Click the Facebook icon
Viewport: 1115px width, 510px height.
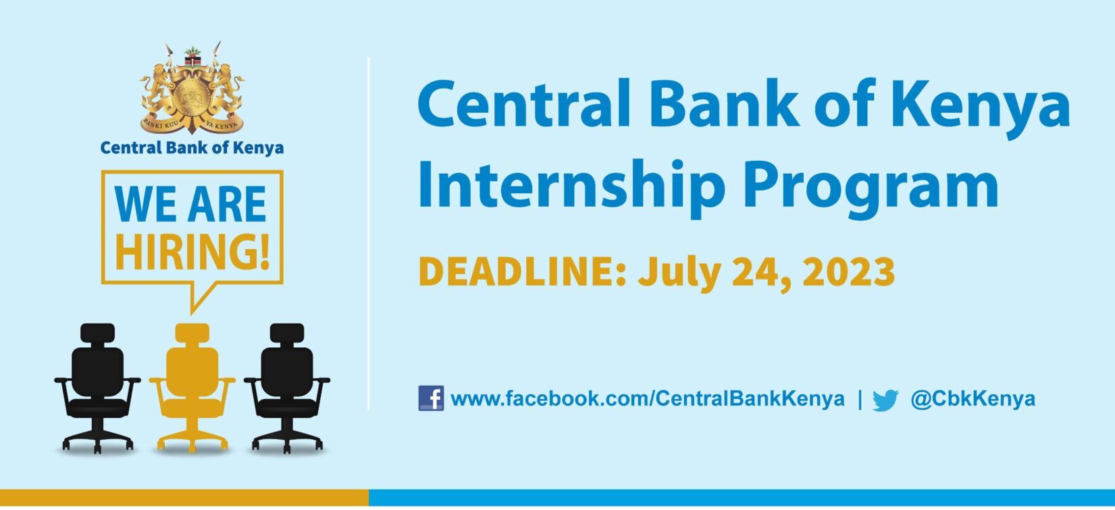431,398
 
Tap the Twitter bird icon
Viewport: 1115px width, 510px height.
885,400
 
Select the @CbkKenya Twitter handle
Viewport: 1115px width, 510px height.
973,399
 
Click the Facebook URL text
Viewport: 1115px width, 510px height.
648,399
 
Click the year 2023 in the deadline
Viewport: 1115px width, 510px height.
849,272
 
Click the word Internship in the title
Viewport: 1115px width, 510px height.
571,185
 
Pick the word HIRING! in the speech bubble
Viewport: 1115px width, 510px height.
192,251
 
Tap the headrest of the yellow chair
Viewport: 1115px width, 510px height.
192,333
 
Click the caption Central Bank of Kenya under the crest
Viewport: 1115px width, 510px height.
192,148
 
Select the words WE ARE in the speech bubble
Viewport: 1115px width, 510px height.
190,204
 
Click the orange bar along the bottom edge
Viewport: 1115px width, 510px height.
184,498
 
